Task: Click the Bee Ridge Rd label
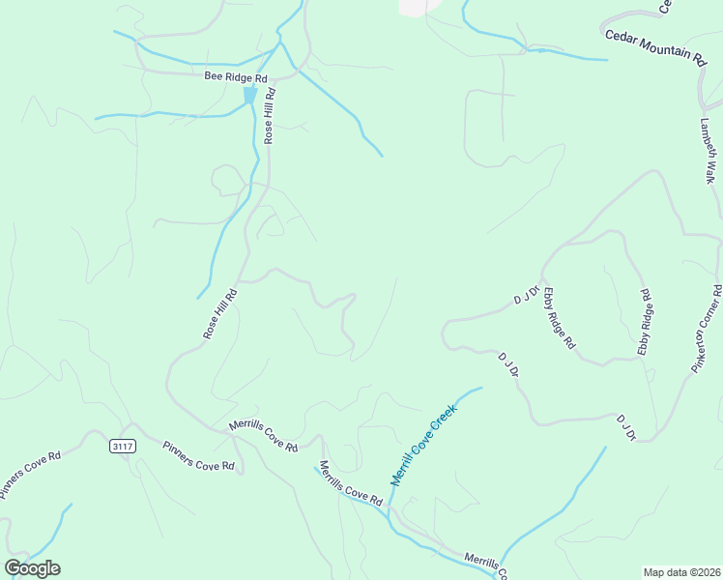click(235, 75)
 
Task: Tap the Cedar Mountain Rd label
click(656, 46)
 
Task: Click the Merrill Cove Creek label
click(422, 446)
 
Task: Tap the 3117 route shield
click(123, 446)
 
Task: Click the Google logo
click(32, 568)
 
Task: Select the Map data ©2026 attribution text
click(680, 572)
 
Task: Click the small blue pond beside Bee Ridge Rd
click(250, 95)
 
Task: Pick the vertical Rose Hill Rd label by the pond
click(270, 116)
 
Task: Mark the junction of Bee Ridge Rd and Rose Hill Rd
click(275, 76)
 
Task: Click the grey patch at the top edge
click(416, 6)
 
